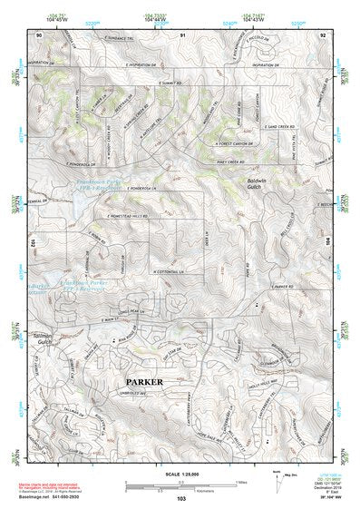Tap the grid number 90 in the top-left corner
click(39, 34)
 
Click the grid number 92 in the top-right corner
click(322, 34)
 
